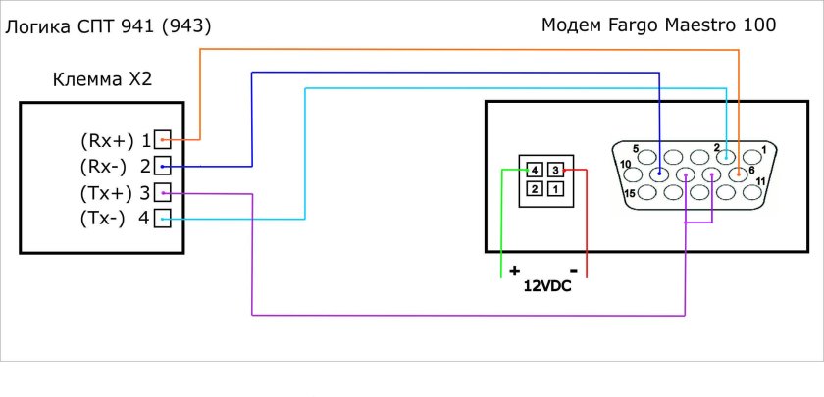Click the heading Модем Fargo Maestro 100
point(658,25)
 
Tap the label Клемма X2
point(102,79)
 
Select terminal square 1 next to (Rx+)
point(162,139)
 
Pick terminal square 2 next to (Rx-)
point(162,166)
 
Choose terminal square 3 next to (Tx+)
point(162,192)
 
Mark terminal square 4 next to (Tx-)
point(162,219)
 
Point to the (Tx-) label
point(103,219)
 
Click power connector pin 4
point(535,170)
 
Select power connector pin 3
point(555,170)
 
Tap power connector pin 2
point(535,188)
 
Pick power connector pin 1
point(555,188)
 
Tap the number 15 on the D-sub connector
point(629,194)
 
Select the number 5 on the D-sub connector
point(635,149)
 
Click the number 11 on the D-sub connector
point(760,181)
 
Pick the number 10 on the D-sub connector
point(625,164)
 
